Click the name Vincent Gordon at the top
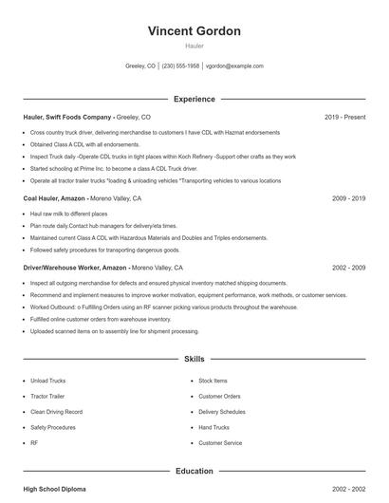[194, 31]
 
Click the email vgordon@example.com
[234, 66]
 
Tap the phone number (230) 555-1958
[180, 66]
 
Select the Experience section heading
[194, 99]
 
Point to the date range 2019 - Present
[344, 117]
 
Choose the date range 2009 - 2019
[348, 199]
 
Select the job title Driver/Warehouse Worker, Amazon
[75, 268]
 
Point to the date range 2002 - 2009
[348, 268]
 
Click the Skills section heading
[194, 360]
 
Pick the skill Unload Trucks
[47, 381]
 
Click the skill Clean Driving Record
[56, 412]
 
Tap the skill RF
[34, 443]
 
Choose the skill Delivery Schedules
[222, 412]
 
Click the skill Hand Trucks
[214, 427]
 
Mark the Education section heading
[194, 471]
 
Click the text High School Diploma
[54, 489]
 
